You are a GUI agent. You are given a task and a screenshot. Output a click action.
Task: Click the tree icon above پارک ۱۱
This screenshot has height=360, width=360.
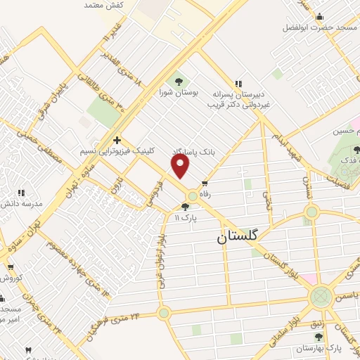185,206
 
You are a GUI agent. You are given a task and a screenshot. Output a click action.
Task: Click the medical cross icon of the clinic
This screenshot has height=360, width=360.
117,140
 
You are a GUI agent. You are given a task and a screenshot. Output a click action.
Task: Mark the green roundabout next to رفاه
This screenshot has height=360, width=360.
192,195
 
